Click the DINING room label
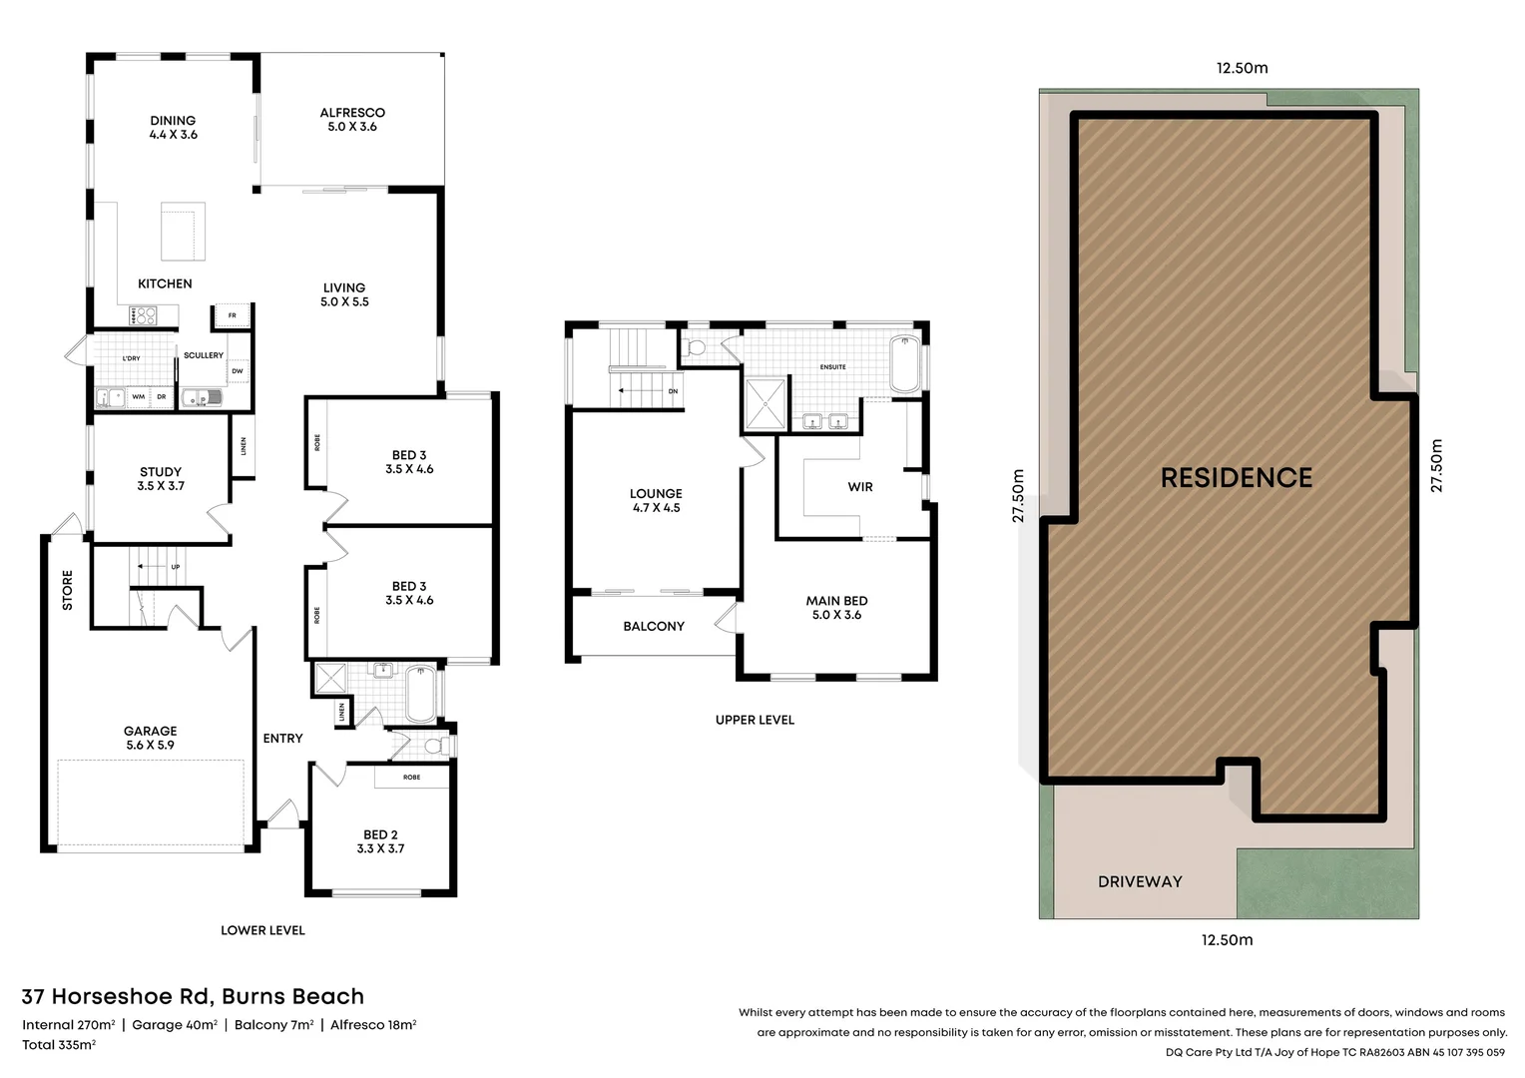pos(173,127)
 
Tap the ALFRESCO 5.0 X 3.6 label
pos(352,119)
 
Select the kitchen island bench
pos(184,231)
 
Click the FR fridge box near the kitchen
pos(232,315)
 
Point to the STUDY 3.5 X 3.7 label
pos(161,478)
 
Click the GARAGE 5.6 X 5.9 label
pos(150,738)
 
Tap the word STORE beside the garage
pos(68,590)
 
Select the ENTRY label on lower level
pos(282,739)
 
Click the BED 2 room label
pos(380,841)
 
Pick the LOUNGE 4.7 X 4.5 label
pos(656,500)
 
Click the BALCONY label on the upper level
pos(654,627)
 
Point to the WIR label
pos(860,487)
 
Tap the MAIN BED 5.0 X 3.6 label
pos(836,608)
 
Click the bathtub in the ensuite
pos(904,365)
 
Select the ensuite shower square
pos(765,402)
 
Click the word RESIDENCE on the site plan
pos(1236,478)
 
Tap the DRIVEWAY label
pos(1140,882)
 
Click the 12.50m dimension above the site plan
pos(1242,68)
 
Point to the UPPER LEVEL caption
pos(755,720)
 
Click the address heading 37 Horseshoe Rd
pos(193,996)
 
